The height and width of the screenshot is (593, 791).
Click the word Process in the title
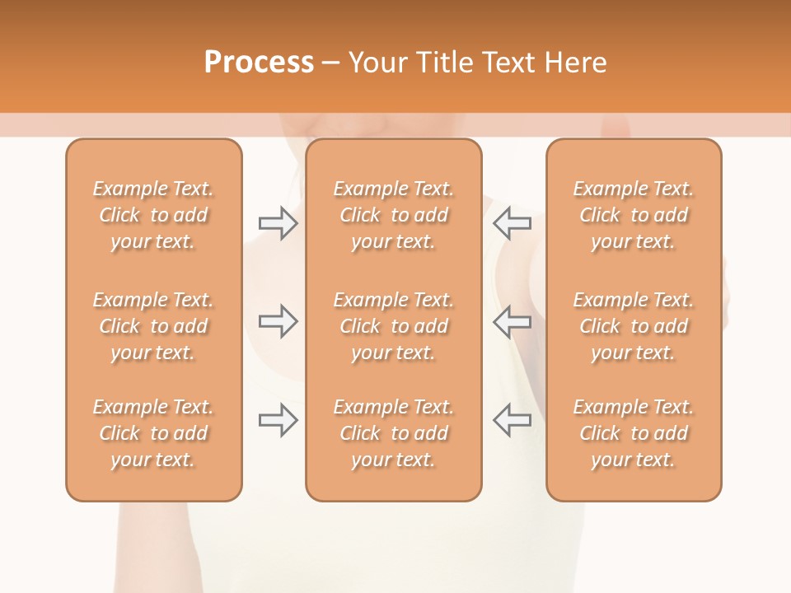[x=259, y=63]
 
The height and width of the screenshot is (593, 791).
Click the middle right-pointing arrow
[x=278, y=321]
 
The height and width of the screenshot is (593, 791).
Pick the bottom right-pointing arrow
[x=278, y=420]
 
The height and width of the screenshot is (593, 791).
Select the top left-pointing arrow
[x=513, y=223]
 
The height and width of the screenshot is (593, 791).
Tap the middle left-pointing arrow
[x=513, y=321]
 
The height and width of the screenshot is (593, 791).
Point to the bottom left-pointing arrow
[x=513, y=420]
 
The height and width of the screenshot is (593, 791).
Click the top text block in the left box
[x=153, y=215]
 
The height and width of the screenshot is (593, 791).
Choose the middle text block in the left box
[x=153, y=326]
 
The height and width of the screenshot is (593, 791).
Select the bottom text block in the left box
[x=153, y=433]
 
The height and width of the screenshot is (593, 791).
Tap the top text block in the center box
[x=394, y=215]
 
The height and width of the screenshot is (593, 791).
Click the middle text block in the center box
[x=394, y=326]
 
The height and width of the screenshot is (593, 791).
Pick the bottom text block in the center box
[x=394, y=433]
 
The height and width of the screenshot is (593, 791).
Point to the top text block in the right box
[x=634, y=215]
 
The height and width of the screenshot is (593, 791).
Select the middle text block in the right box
[x=634, y=326]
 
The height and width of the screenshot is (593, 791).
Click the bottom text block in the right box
[x=634, y=433]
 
